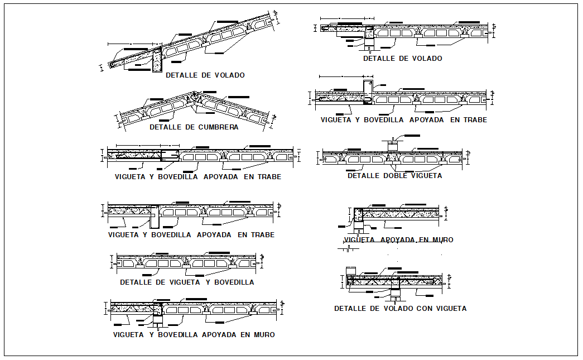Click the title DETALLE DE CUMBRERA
pos(194,127)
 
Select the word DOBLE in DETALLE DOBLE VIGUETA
pos(388,176)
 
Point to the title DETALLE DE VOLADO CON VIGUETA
pos(400,309)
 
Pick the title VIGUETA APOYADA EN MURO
pos(399,240)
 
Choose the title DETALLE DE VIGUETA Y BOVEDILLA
pos(187,282)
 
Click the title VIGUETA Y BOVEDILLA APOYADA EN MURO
pos(194,335)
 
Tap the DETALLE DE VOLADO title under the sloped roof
pos(205,75)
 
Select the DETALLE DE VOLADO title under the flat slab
pos(402,59)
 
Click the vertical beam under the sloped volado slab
pos(157,59)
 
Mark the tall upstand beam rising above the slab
pos(368,92)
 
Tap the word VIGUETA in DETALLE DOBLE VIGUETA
pos(422,176)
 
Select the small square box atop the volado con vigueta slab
pos(351,271)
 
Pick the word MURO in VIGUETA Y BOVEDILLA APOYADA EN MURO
pos(263,335)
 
